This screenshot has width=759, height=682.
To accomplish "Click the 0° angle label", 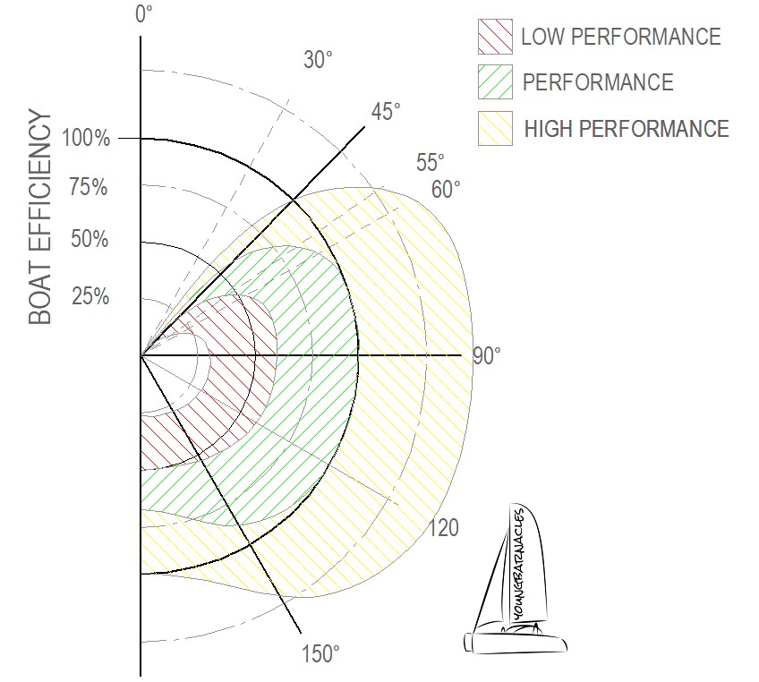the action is tap(144, 14).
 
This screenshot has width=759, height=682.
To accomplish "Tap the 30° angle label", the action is tap(318, 60).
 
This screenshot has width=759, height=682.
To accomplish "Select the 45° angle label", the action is tap(386, 112).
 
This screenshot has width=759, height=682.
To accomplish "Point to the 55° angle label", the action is tap(430, 163).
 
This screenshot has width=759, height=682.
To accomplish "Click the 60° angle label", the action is tap(446, 189).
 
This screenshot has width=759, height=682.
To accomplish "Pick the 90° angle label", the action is tap(487, 355).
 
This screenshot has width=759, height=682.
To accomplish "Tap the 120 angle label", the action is tap(443, 527).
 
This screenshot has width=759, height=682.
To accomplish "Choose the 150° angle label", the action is tap(320, 654).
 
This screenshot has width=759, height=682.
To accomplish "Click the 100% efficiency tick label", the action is tap(86, 139).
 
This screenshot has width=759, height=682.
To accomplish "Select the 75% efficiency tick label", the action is tap(88, 187).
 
